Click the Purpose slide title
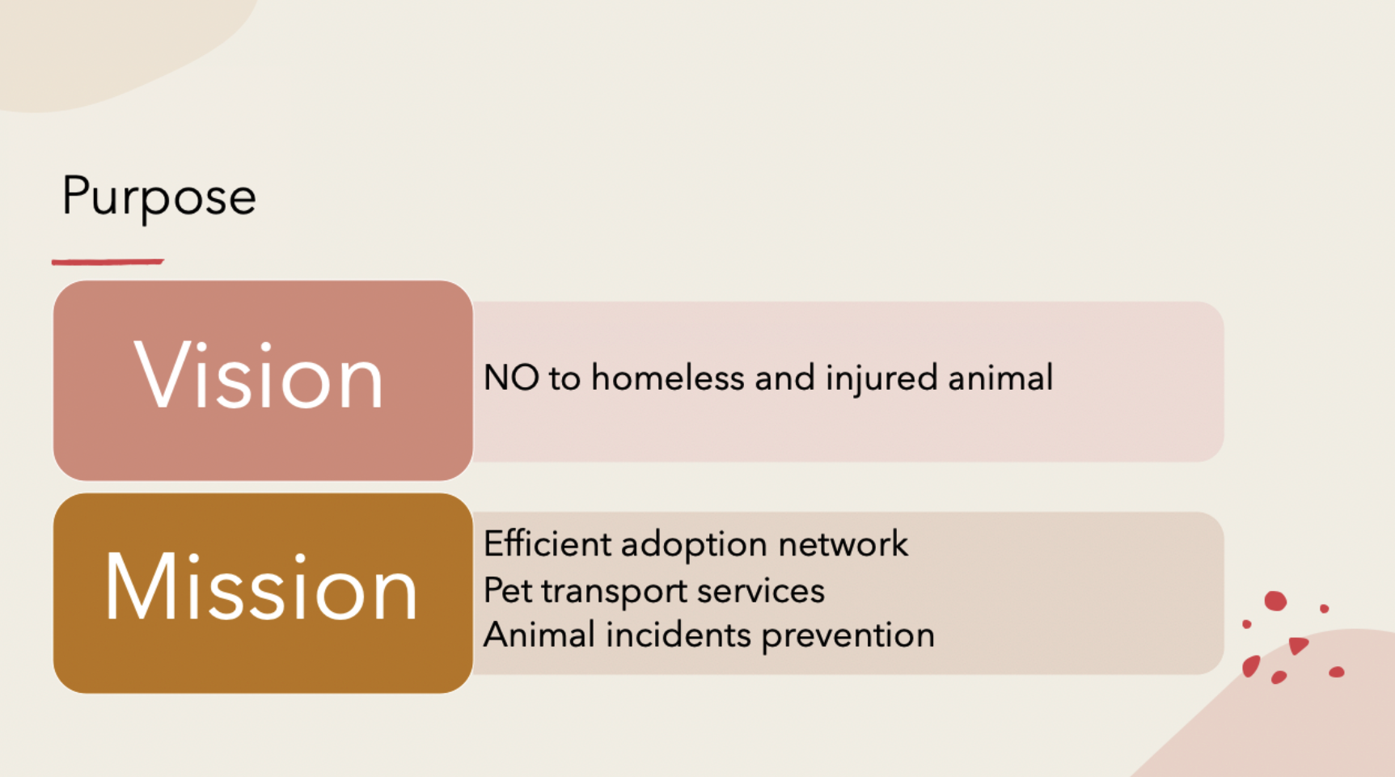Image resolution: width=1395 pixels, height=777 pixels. pyautogui.click(x=159, y=197)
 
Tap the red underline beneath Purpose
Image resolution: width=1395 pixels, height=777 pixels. pyautogui.click(x=108, y=262)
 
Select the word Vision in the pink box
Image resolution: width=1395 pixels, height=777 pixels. pyautogui.click(x=259, y=376)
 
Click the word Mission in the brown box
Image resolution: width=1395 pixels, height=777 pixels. pyautogui.click(x=261, y=587)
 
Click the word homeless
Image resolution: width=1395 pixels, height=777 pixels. pyautogui.click(x=668, y=378)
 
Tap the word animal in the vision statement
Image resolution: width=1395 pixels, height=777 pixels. pyautogui.click(x=1001, y=378)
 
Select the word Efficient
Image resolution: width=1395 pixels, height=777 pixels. pyautogui.click(x=547, y=544)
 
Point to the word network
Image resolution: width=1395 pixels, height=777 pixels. pyautogui.click(x=843, y=544)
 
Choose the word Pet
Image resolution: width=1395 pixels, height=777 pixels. pyautogui.click(x=508, y=590)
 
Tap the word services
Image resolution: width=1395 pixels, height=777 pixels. pyautogui.click(x=761, y=591)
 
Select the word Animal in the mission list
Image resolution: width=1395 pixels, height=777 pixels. pyautogui.click(x=539, y=636)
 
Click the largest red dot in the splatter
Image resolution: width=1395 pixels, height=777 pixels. pyautogui.click(x=1275, y=601)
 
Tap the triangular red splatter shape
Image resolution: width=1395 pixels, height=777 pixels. pyautogui.click(x=1298, y=645)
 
